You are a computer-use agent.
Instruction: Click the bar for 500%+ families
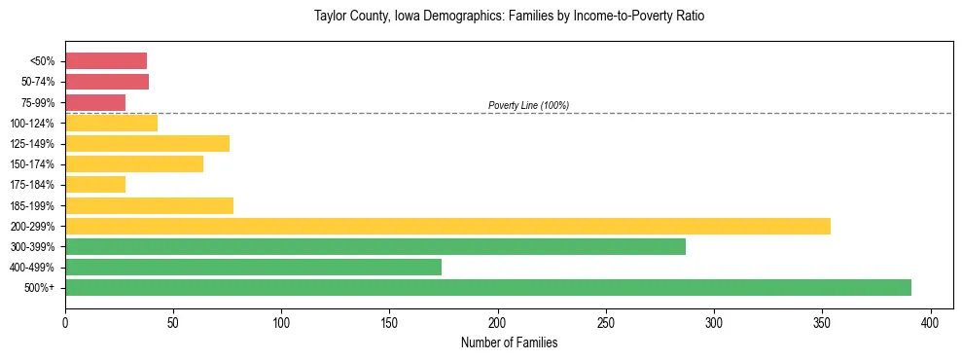(x=487, y=287)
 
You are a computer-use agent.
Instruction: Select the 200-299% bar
(x=447, y=226)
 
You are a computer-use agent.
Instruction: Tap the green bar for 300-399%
(x=374, y=246)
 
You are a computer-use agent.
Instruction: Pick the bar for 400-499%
(x=253, y=267)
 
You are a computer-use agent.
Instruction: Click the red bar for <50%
(x=106, y=61)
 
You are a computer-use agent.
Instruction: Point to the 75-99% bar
(x=95, y=102)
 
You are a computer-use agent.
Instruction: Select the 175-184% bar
(x=95, y=184)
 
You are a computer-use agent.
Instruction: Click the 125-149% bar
(x=147, y=143)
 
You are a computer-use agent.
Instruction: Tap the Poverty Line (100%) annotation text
(x=528, y=105)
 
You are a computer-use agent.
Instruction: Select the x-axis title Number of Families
(x=509, y=342)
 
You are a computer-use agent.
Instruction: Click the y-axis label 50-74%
(x=39, y=82)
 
